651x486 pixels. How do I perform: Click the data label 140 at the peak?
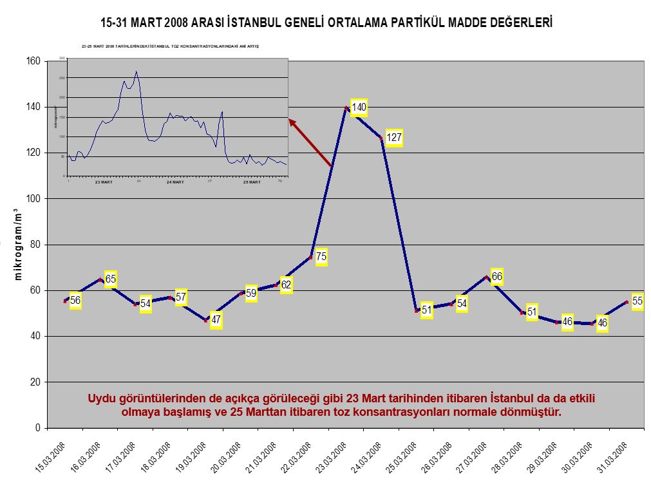359,107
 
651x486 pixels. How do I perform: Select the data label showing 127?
394,137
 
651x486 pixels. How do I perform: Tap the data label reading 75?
321,257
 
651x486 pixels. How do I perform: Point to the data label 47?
216,319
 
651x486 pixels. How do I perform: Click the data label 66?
496,277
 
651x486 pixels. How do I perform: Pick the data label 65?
111,279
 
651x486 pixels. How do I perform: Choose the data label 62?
286,285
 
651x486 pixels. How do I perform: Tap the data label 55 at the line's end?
637,301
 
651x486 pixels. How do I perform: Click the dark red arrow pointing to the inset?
311,144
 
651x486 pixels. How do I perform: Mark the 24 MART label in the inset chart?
175,182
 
